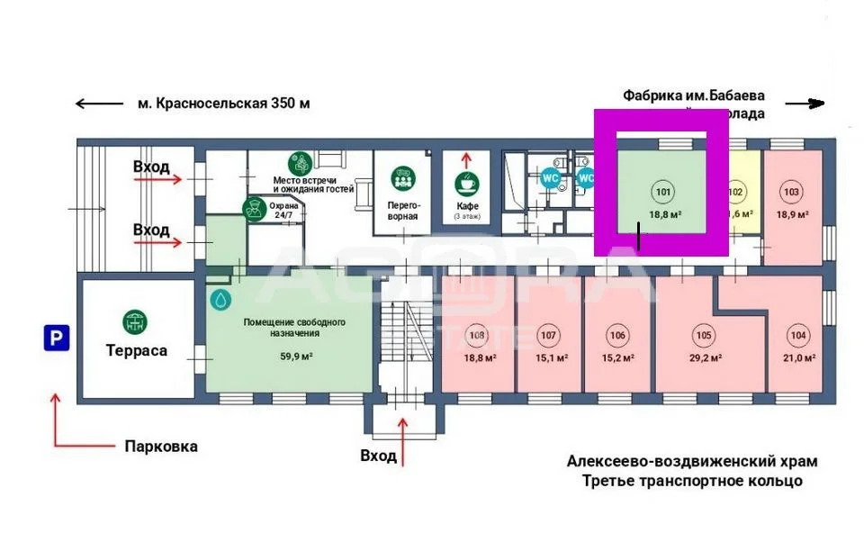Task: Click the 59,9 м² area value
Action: click(x=289, y=357)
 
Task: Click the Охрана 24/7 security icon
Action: click(x=254, y=209)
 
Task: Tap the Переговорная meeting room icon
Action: click(x=402, y=178)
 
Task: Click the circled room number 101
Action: click(x=663, y=191)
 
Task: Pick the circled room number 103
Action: click(x=792, y=191)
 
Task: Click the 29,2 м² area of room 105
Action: click(x=703, y=357)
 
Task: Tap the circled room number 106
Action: click(x=616, y=336)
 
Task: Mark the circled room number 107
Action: click(x=547, y=336)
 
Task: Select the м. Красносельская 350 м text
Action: click(x=223, y=104)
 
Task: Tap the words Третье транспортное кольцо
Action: click(x=691, y=481)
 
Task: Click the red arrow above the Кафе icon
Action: click(x=466, y=160)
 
